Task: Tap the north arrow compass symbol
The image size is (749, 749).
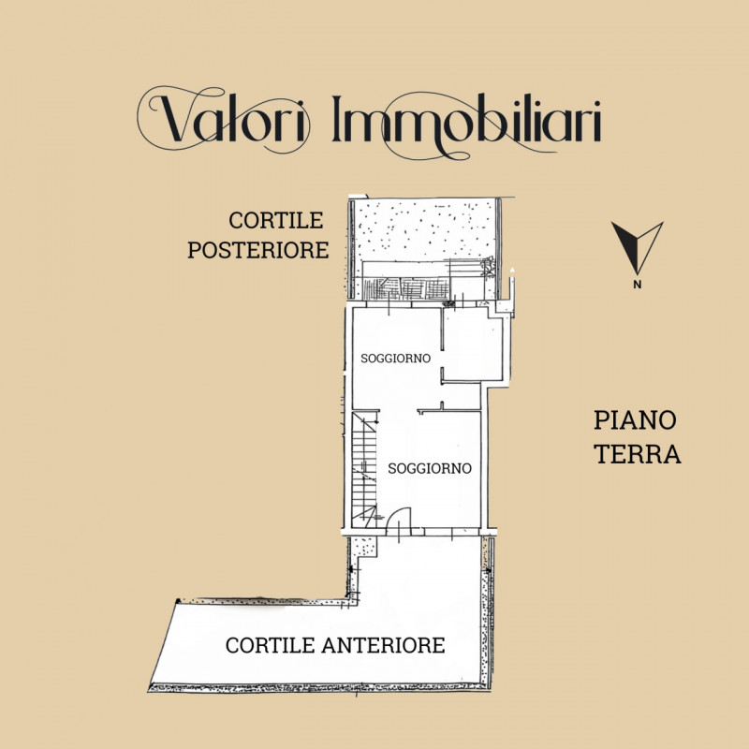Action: click(x=637, y=245)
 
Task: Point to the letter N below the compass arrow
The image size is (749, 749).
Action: click(x=637, y=284)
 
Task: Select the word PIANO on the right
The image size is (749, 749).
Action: click(x=635, y=421)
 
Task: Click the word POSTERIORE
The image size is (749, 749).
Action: click(x=257, y=251)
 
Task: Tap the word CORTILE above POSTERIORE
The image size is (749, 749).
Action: click(x=276, y=221)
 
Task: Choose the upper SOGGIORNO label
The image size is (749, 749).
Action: click(x=395, y=358)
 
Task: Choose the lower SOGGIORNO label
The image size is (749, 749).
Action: click(x=429, y=468)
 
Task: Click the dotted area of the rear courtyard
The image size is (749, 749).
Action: click(x=421, y=229)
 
